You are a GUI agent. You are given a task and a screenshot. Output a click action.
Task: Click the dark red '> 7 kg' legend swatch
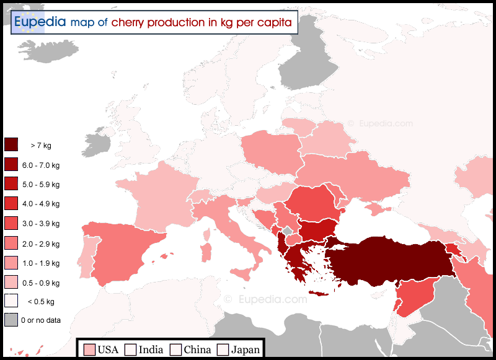[11, 145]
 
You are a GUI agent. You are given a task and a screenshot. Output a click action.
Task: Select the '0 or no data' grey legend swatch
[11, 320]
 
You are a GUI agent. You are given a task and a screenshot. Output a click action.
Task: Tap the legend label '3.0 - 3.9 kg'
[41, 223]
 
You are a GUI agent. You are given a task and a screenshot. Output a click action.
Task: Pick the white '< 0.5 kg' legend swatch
[11, 301]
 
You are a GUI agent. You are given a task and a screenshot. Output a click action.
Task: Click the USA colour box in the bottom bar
[89, 349]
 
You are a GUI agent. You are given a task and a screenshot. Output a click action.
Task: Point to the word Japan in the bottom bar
[246, 349]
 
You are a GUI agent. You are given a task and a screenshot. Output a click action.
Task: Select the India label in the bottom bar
[151, 349]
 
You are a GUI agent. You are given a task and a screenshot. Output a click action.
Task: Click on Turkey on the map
[391, 260]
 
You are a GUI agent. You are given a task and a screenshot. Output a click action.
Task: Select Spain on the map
[121, 248]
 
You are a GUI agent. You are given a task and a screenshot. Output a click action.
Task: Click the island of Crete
[322, 293]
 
